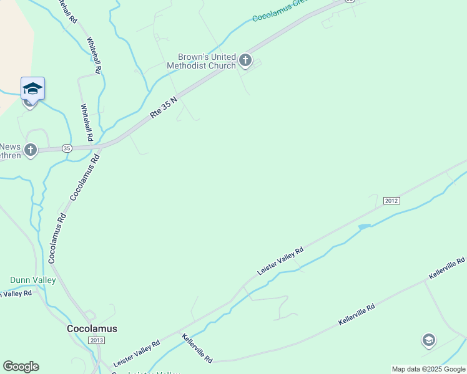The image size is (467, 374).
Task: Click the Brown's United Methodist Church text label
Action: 201,61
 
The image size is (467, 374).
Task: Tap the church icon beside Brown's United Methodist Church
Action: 245,60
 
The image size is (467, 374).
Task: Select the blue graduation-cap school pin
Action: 32,89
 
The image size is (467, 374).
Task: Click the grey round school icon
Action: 428,340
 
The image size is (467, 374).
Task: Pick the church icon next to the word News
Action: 30,150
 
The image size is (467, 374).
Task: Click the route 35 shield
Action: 67,148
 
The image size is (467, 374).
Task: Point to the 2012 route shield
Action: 391,201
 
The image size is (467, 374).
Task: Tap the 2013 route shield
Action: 96,340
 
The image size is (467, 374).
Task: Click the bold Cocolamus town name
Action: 92,328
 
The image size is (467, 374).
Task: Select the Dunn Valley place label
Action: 33,280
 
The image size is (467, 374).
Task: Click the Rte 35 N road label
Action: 164,108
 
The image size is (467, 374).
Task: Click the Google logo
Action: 21,367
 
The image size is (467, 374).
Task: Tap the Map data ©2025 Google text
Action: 428,369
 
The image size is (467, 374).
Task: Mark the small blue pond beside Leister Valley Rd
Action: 364,227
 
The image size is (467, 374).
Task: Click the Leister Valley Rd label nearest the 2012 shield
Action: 281,261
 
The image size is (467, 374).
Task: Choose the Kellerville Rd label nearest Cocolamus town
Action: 198,349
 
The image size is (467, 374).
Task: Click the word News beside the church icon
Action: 11,147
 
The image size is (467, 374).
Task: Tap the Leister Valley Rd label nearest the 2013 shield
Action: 137,353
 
